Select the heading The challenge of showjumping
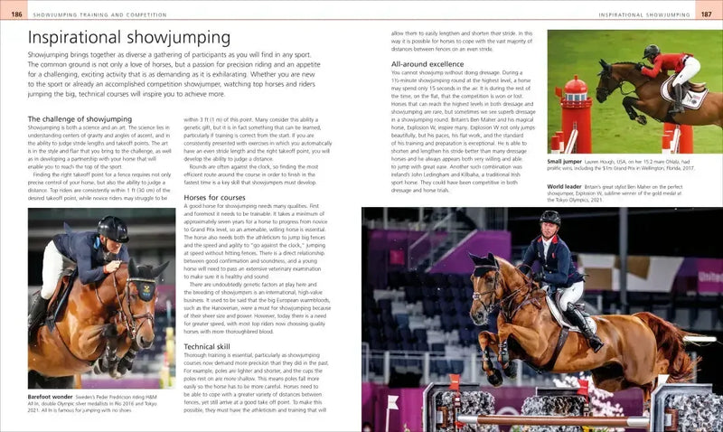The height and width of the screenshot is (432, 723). coord(80,118)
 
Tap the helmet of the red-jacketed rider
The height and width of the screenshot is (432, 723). coord(651,52)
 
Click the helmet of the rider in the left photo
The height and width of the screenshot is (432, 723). coord(112,227)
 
